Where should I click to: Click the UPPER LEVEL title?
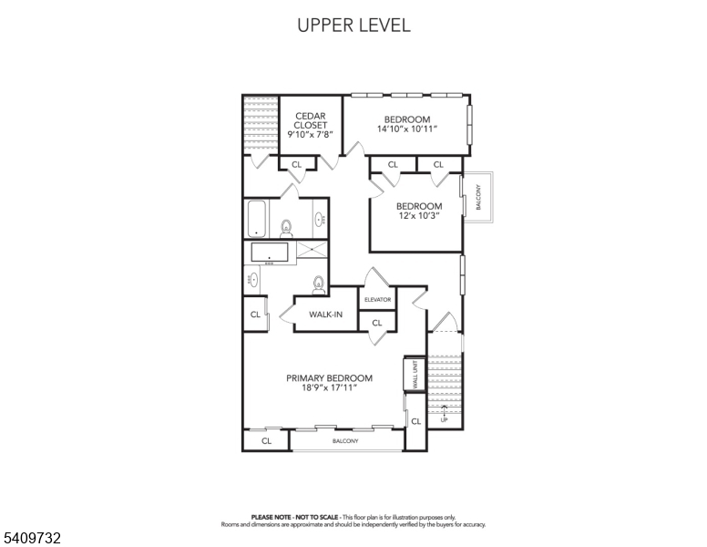point(353,26)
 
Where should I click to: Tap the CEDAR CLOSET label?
point(311,120)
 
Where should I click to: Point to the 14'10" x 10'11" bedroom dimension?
point(407,129)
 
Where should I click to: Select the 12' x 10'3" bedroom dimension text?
point(419,216)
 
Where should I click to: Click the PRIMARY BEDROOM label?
point(330,378)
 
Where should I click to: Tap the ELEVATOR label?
point(377,300)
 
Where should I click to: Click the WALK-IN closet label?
point(325,315)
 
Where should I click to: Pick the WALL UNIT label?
point(415,374)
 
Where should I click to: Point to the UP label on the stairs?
point(444,420)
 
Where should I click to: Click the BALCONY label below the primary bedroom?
point(345,441)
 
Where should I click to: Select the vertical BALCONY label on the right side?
point(478,197)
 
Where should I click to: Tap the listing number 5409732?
point(32,538)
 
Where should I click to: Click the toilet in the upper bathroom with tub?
point(286,228)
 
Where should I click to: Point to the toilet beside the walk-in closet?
point(318,284)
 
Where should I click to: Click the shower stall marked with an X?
point(312,249)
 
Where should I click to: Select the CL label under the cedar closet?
point(296,165)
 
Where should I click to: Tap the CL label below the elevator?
point(377,323)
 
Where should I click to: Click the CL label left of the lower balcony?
point(266,440)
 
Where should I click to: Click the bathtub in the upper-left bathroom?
point(257,219)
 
